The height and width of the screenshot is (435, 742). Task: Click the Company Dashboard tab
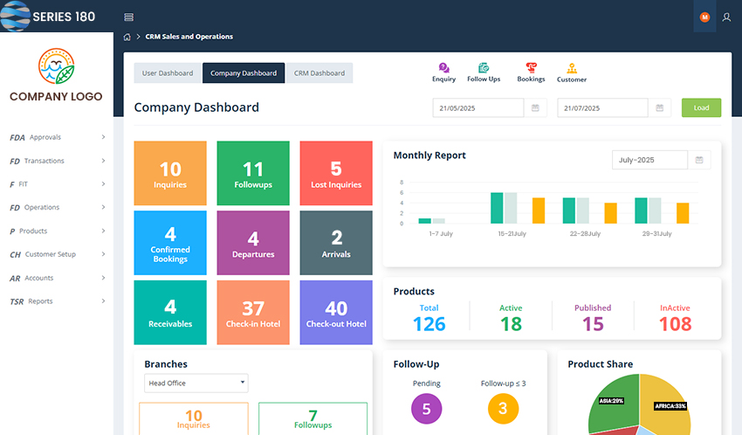(244, 73)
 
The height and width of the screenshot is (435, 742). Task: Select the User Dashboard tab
(168, 73)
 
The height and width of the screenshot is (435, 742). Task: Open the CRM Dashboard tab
(319, 73)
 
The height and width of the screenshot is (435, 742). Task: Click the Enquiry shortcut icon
(443, 68)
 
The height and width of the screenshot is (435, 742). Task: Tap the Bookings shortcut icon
(531, 68)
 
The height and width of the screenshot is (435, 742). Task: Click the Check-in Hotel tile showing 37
(253, 313)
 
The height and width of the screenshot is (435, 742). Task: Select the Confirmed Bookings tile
(170, 243)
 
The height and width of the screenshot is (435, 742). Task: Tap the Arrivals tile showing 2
(336, 243)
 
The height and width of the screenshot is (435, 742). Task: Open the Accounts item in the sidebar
(39, 278)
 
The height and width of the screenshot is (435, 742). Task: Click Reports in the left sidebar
(40, 301)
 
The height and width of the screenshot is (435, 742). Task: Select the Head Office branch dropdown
(196, 383)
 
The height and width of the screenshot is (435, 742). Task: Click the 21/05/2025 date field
(480, 108)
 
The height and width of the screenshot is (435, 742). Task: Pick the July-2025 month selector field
(650, 160)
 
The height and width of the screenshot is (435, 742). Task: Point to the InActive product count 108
(675, 324)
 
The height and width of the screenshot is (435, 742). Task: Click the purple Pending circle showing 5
(426, 408)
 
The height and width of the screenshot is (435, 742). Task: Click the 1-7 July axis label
(441, 234)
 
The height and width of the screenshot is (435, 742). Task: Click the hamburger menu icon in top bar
(129, 17)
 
